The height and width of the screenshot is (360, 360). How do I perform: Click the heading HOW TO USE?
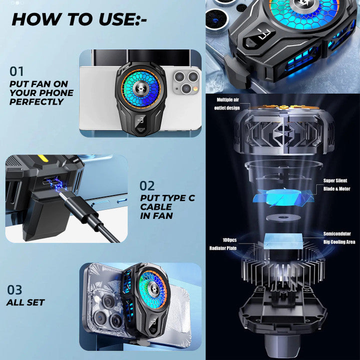(x=79, y=19)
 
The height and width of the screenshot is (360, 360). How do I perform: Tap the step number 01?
(x=16, y=71)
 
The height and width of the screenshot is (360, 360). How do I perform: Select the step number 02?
(x=147, y=186)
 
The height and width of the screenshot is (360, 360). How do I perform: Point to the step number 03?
(x=14, y=290)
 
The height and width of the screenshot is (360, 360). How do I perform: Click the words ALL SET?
(x=25, y=302)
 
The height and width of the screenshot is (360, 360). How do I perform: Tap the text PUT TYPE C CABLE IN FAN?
(x=167, y=207)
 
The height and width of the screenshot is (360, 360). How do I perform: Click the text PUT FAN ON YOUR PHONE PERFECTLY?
(x=41, y=93)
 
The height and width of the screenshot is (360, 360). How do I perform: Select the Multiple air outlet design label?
(x=227, y=104)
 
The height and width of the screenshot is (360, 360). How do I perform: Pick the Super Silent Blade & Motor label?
(x=336, y=184)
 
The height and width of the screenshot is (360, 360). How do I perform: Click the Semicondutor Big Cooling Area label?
(x=339, y=237)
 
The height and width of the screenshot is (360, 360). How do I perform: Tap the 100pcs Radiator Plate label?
(x=223, y=244)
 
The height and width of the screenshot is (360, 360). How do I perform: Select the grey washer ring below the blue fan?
(x=283, y=217)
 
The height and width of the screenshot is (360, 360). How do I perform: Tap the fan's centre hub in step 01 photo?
(x=140, y=88)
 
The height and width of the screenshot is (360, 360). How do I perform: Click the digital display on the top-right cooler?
(x=259, y=36)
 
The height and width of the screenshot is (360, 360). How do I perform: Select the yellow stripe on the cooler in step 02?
(x=42, y=158)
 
